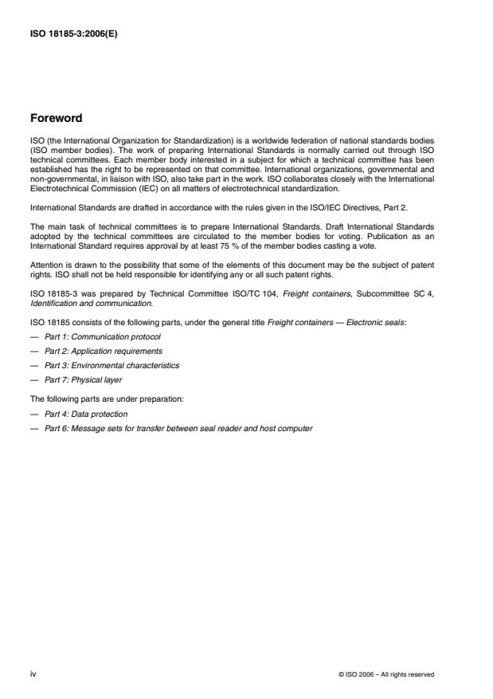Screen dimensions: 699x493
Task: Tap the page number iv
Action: point(33,673)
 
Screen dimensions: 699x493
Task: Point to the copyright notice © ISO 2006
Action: point(386,674)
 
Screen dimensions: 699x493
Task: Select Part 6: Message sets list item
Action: point(178,428)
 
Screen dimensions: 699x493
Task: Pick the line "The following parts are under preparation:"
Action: point(96,399)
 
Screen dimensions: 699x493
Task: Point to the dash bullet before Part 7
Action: point(34,379)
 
